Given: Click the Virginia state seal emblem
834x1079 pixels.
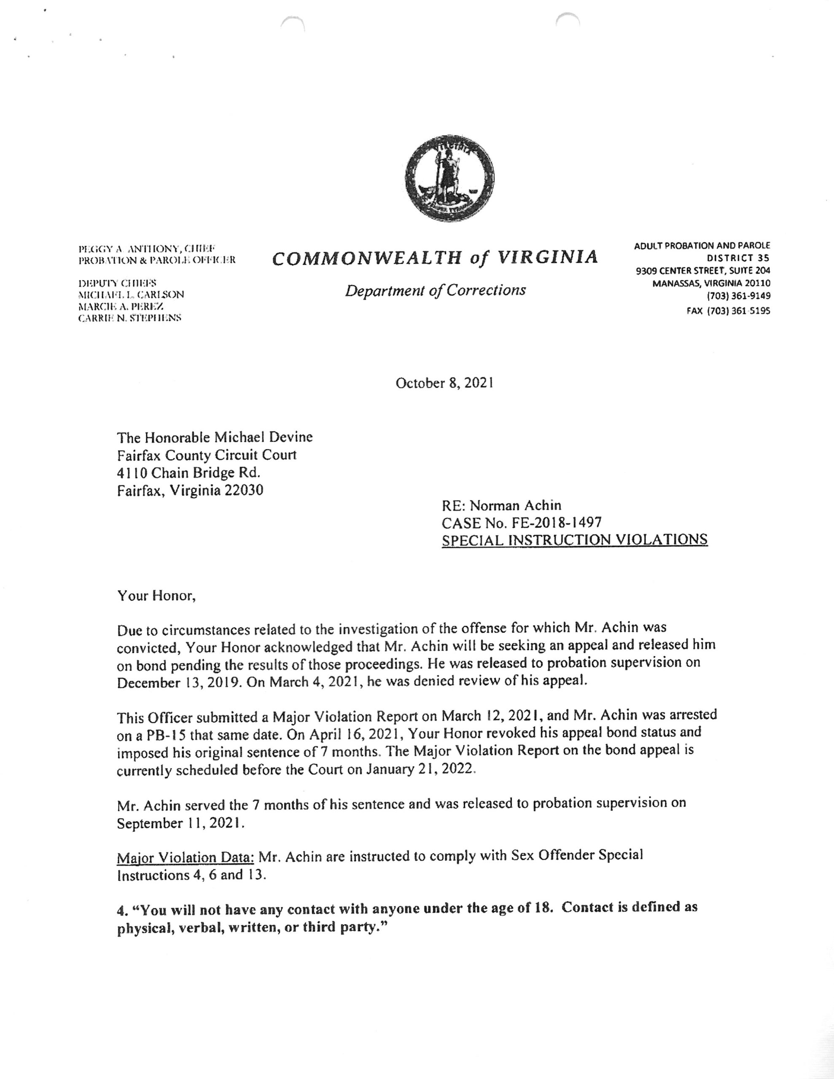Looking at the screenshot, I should (x=449, y=179).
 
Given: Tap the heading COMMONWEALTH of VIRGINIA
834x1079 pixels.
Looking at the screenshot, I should (x=435, y=258).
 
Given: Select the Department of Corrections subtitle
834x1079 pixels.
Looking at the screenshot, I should (x=435, y=290).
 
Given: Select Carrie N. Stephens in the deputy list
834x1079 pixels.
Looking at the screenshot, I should (x=129, y=318).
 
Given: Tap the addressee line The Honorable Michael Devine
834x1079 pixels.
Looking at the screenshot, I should (x=215, y=437).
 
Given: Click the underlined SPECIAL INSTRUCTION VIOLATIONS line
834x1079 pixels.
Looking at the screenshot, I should (x=574, y=539).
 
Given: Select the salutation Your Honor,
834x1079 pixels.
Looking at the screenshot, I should (x=156, y=596).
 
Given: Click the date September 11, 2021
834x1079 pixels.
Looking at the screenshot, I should (x=180, y=824).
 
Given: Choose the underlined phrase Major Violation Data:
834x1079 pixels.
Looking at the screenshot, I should (x=186, y=857).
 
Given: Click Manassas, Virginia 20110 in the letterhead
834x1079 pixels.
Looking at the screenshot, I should (x=711, y=284).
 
